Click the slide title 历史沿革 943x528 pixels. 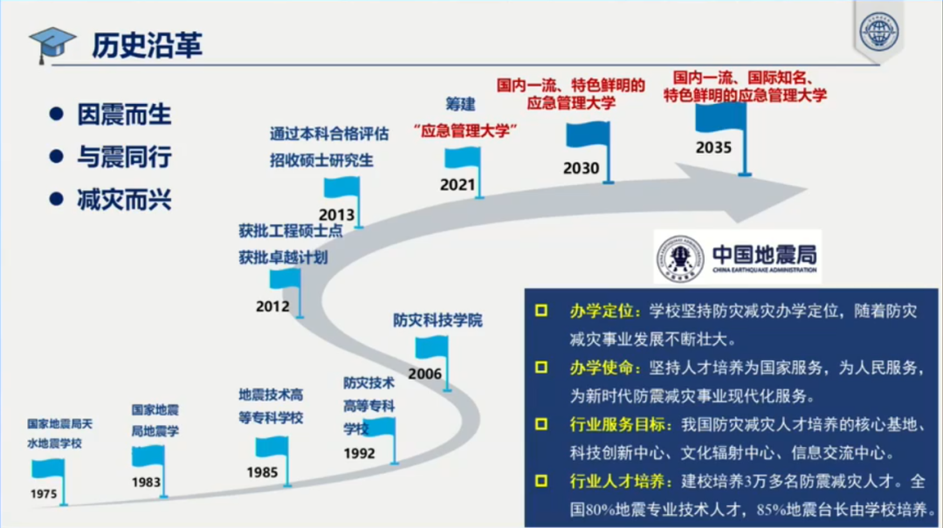coord(147,45)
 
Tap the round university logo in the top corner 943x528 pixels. coord(878,33)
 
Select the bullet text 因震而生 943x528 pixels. coord(124,114)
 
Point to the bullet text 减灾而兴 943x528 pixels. coord(124,200)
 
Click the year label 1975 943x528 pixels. coord(43,494)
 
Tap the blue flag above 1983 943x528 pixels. coord(147,456)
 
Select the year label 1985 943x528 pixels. coord(262,473)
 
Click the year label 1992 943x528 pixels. coord(360,453)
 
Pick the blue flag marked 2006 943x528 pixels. coord(430,348)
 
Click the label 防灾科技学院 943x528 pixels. coord(437,320)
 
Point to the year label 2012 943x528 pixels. coord(272,306)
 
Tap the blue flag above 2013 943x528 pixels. coord(341,188)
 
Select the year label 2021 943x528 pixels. coord(458,185)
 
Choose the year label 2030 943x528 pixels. coord(581,168)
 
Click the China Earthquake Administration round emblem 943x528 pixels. coord(680,259)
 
